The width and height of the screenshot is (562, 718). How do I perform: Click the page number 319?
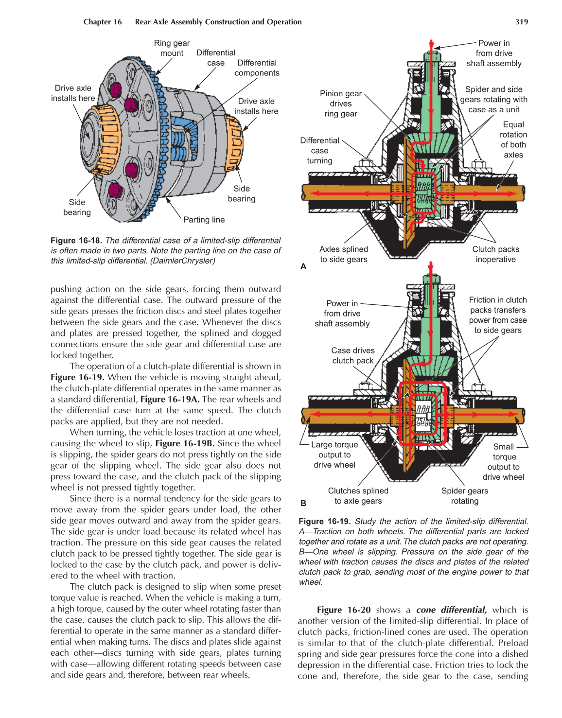click(x=521, y=22)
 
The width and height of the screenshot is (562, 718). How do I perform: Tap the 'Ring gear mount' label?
click(x=172, y=48)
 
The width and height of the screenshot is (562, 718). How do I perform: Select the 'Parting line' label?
click(x=204, y=220)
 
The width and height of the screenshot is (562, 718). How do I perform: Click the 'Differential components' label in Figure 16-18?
click(x=257, y=68)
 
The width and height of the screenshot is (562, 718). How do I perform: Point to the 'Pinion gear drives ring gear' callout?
click(x=340, y=104)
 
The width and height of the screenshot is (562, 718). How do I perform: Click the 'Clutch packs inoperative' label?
click(x=495, y=254)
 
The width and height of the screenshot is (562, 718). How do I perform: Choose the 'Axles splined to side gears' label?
click(x=343, y=254)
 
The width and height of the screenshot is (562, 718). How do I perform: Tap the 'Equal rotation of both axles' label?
click(x=513, y=140)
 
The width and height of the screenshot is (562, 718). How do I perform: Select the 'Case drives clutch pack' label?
click(x=352, y=355)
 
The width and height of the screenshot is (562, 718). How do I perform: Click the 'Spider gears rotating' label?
click(x=464, y=496)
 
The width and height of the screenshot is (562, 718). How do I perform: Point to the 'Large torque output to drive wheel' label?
click(x=334, y=455)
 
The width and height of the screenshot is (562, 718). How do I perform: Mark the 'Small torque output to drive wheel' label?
click(x=504, y=462)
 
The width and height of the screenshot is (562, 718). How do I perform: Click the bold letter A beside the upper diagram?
click(x=303, y=266)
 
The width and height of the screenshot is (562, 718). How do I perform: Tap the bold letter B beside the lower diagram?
click(x=303, y=503)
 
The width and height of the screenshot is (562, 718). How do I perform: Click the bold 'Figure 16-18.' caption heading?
click(x=76, y=241)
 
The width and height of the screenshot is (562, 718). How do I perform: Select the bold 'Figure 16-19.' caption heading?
click(x=324, y=521)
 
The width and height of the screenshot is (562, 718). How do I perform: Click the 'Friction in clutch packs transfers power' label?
click(x=497, y=315)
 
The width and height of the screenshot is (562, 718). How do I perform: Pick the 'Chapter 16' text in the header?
click(x=103, y=22)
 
